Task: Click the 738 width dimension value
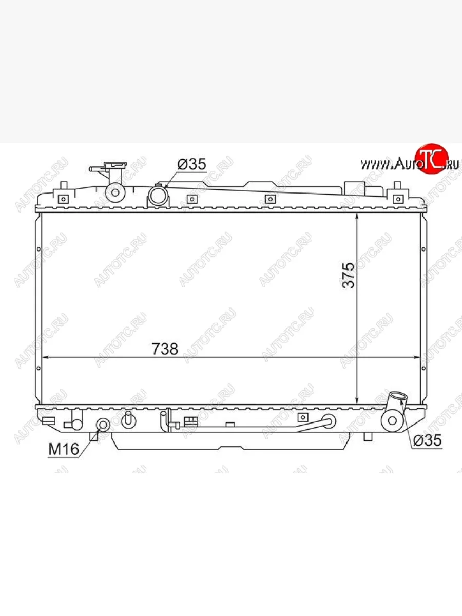click(165, 349)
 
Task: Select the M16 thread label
click(64, 449)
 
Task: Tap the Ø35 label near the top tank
click(191, 164)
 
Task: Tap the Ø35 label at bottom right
click(428, 440)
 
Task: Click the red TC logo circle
click(431, 159)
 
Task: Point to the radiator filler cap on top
click(115, 164)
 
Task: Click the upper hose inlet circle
click(158, 196)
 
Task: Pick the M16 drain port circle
click(103, 425)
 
